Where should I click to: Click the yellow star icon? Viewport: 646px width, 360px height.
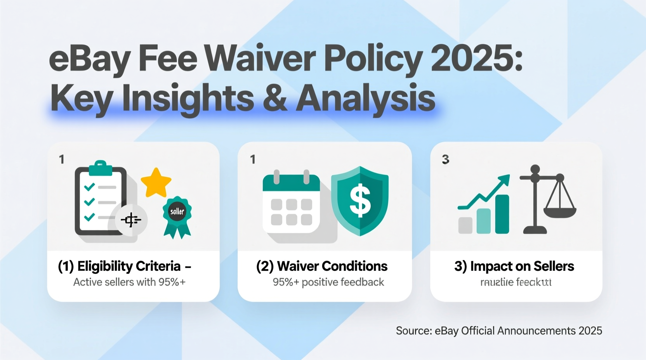pos(156,182)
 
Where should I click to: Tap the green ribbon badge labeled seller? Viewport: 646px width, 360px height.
pos(177,216)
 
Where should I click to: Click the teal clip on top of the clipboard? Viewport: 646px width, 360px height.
pos(101,168)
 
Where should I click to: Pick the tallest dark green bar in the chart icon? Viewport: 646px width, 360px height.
pos(502,214)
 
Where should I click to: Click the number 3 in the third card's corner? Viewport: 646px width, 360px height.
pos(445,159)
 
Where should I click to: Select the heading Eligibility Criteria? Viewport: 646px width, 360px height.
pos(129,266)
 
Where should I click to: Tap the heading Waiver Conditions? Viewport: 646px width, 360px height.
pos(332,266)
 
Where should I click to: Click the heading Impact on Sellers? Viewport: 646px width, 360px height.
pos(522,266)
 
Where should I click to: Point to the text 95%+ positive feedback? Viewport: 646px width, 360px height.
pos(328,282)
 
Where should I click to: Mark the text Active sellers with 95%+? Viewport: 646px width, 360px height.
pos(129,282)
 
